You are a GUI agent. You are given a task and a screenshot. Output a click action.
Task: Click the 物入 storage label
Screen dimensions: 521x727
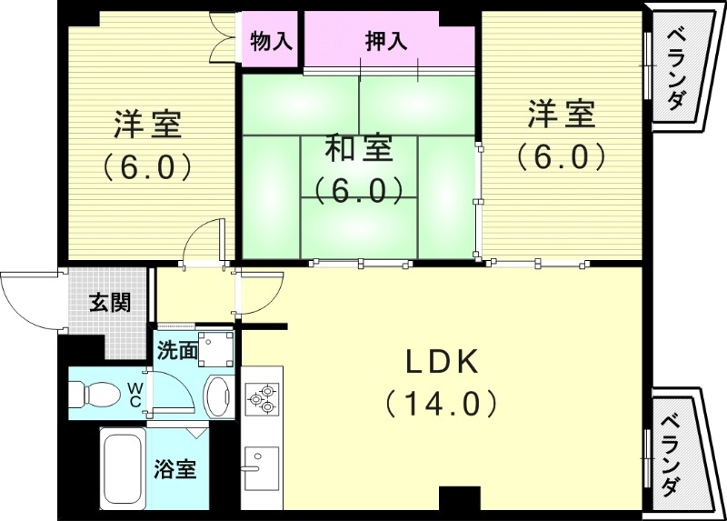coord(270,41)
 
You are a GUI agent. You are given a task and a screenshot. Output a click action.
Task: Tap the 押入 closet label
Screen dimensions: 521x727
coord(385,41)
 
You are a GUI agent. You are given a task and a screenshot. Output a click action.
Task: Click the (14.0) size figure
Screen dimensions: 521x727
coord(441,402)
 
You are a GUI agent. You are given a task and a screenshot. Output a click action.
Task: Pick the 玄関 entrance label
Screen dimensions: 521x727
coord(109,303)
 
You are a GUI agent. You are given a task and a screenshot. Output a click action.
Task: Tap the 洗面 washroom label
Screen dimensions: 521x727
coord(176,349)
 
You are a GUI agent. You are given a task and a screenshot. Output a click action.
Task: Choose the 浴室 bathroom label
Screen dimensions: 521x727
coord(174,469)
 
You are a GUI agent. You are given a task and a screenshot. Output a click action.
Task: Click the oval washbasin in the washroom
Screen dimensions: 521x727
coord(218,395)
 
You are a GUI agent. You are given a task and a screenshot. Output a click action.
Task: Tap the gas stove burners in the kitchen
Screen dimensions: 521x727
coord(262,397)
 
